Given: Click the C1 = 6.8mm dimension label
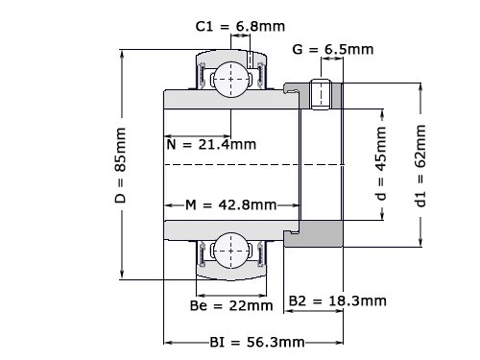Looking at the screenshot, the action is (240, 26).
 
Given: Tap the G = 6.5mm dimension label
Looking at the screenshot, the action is (333, 49).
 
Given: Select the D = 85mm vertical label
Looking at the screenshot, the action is (121, 165).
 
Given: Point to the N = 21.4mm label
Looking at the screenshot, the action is (211, 145).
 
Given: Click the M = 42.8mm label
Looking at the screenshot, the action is (231, 204).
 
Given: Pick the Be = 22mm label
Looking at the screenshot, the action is (231, 305).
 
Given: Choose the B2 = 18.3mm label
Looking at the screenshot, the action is (338, 300).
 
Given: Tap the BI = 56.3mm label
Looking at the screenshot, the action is (257, 343).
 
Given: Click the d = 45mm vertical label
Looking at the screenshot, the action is (381, 163).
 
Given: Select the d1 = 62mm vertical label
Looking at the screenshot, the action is (420, 165).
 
